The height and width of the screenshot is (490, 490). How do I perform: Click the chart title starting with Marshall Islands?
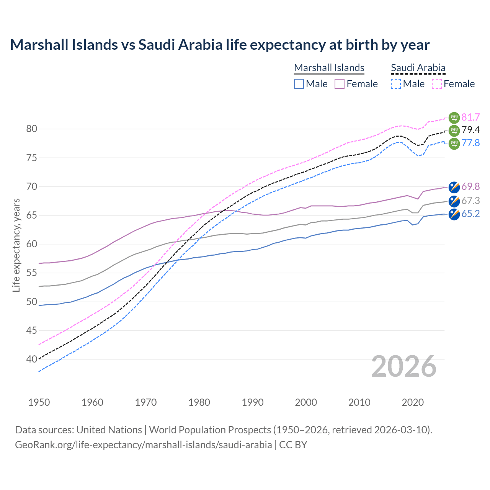coord(220,45)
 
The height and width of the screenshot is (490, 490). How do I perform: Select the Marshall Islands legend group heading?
coord(329,68)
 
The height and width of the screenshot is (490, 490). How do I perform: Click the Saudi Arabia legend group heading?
coord(418,68)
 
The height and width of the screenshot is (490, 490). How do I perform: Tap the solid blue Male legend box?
coord(299,84)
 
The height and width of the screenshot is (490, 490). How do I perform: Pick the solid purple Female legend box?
coord(340,84)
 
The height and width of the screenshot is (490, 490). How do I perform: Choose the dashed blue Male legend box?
coord(396,84)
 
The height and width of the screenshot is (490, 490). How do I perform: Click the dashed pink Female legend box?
coord(437,84)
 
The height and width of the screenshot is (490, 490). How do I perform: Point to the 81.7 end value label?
coord(470,117)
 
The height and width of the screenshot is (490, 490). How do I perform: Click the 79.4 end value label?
coord(470,130)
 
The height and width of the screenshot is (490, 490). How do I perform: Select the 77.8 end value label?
coord(470,143)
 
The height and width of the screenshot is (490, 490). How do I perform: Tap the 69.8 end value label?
coord(470,186)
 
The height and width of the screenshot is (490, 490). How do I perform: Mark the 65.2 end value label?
coord(470,214)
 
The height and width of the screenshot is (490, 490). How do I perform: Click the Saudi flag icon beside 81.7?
coord(454,118)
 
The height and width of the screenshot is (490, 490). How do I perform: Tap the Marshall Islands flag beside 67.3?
coord(454,201)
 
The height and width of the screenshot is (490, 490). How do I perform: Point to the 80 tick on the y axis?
coord(32,129)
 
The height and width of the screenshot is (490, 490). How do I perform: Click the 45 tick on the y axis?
coord(32,330)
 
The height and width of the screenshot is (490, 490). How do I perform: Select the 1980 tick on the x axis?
coord(199,402)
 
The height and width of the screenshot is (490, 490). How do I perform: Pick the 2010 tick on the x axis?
coord(359,402)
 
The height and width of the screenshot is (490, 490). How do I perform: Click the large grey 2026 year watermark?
coord(403,366)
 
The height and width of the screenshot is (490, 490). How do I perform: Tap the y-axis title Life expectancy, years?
coord(16,245)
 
